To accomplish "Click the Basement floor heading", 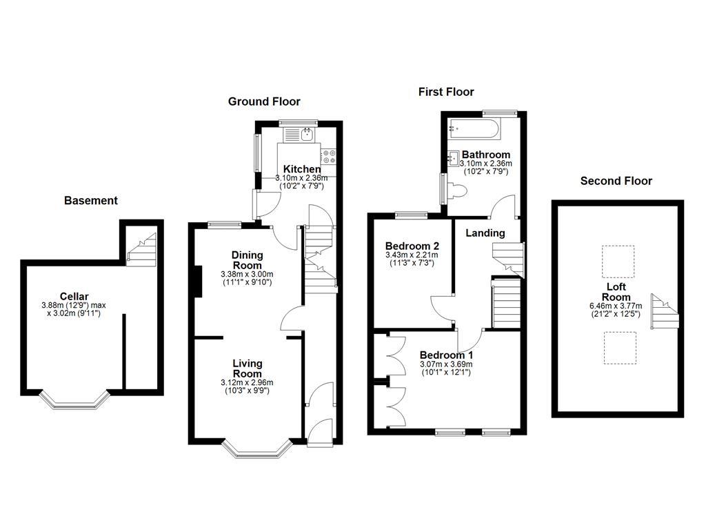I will (91, 201).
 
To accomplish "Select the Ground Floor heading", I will (264, 101).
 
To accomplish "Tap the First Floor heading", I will (446, 92).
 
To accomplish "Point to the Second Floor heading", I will (616, 181).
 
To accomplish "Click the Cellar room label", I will (74, 296).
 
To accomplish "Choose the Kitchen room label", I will (302, 169).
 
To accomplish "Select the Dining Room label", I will (247, 260).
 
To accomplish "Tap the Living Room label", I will (247, 369).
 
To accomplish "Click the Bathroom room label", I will (486, 155).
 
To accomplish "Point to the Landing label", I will (485, 233).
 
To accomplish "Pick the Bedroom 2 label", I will (412, 246).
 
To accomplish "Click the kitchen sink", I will (307, 134).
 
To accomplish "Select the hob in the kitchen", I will (327, 156).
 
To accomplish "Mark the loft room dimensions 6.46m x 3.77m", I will (618, 306).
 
